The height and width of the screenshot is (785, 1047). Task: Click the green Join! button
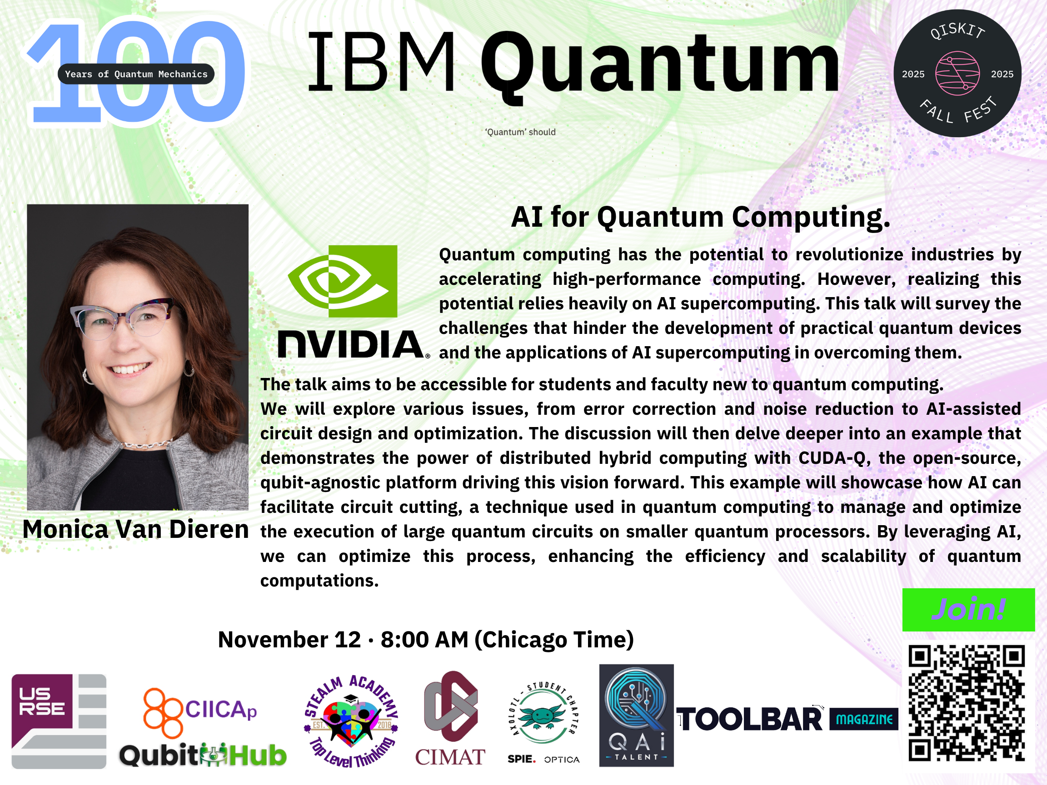968,610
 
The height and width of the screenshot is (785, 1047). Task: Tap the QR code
967,703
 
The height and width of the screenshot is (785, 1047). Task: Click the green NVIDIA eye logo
343,281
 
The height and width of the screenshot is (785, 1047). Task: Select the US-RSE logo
59,721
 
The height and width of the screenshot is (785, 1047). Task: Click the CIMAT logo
450,718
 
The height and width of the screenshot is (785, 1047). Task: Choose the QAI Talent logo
636,715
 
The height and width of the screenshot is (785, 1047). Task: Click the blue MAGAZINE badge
864,719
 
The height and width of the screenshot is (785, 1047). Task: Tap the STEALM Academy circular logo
351,721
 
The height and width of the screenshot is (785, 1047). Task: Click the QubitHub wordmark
203,755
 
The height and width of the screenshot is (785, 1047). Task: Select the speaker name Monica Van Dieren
136,529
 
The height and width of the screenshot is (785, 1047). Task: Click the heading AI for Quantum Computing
701,218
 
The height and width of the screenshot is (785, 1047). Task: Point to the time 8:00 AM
424,640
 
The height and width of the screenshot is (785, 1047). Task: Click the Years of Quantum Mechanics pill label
136,74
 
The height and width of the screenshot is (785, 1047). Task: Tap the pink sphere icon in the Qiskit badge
957,73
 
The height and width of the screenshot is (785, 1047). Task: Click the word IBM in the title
381,61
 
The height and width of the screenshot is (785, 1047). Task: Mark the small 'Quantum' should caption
520,132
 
